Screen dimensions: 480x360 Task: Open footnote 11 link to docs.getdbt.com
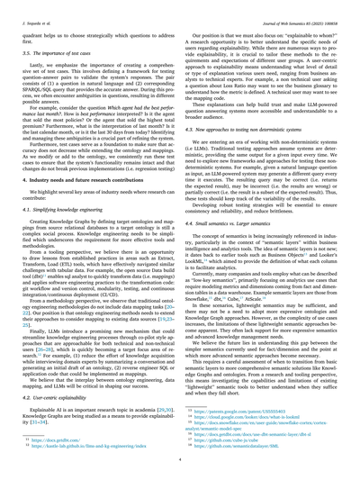click(x=49, y=441)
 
